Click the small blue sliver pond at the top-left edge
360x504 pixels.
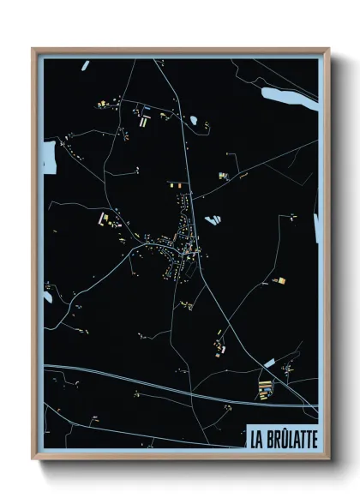(85, 65)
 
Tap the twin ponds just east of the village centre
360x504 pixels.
(211, 220)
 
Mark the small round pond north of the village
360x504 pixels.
(194, 120)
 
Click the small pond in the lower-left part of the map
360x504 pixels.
(48, 297)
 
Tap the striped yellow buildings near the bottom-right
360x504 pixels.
(264, 393)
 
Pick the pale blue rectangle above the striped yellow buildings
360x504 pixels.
(270, 363)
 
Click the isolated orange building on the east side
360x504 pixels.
(278, 280)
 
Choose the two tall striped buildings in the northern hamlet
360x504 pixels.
(142, 122)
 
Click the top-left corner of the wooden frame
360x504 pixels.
(33, 50)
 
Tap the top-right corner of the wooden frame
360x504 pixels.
(328, 50)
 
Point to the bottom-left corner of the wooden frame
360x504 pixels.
(33, 459)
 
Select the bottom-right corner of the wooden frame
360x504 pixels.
(328, 459)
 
